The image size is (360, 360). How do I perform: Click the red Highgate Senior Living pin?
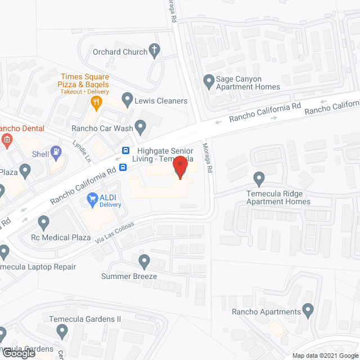pos(180,167)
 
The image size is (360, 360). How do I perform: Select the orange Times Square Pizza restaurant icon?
pos(96,102)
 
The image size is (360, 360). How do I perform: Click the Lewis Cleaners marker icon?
pos(127,101)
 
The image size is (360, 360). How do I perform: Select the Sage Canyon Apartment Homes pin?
pos(208,80)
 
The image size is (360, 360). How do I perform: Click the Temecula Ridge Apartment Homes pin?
pos(259,179)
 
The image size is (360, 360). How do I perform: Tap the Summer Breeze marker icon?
pos(145,261)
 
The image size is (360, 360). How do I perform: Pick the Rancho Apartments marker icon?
pos(308,309)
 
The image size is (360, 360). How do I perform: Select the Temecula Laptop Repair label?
pos(38,267)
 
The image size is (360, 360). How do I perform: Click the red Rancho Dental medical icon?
pos(7,140)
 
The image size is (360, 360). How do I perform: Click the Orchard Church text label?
pos(119,51)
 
